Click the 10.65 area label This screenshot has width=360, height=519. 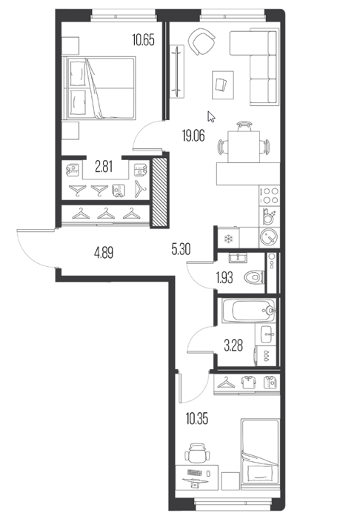pos(143,40)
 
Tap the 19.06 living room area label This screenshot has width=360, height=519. pos(193,136)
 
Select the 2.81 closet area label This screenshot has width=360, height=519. pos(104,167)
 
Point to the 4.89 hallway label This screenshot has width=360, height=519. pos(104,254)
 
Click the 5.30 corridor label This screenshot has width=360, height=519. pos(181,249)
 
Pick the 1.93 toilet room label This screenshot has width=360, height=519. pos(224,278)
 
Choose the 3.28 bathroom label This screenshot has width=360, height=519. pos(233,346)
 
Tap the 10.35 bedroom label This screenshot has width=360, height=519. pos(197,420)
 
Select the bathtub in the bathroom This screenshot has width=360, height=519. pos(249,311)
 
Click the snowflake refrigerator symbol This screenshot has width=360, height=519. pos(229,239)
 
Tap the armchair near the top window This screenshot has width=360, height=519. pos(201,42)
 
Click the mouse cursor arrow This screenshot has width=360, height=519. pos(211,116)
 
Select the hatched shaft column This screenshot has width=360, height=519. pos(160,192)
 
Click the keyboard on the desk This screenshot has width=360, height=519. pos(195,473)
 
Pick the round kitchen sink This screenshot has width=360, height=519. pos(269,237)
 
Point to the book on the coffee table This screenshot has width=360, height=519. pos(221,85)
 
